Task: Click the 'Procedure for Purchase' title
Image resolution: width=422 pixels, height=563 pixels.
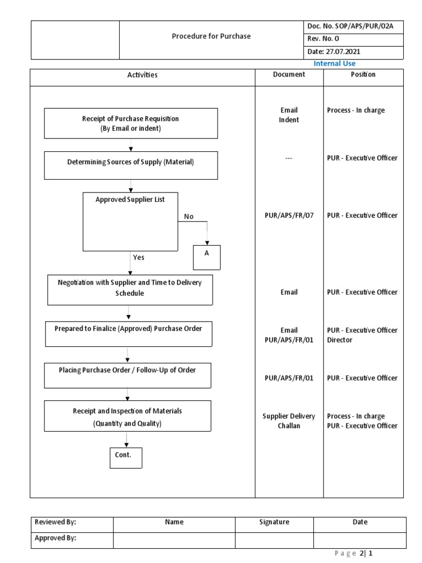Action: pos(211,36)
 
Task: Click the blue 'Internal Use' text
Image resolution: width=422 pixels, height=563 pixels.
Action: pos(334,64)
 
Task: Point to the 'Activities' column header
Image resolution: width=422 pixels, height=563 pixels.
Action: pos(142,75)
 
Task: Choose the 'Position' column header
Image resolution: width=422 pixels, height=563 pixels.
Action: pos(363,74)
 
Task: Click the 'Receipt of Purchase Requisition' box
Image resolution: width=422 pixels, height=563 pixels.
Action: pos(131,123)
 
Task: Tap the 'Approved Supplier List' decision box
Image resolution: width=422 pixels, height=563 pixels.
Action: pos(130,222)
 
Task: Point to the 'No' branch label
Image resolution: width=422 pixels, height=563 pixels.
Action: pos(188,217)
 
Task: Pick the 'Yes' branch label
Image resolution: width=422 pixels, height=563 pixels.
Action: pos(138,257)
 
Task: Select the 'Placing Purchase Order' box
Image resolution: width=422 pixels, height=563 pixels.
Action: pos(127,375)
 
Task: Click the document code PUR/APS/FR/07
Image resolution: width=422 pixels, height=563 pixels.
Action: pos(289,216)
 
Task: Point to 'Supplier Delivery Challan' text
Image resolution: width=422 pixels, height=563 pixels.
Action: pos(289,421)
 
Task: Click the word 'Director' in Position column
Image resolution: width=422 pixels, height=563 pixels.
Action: pos(340,340)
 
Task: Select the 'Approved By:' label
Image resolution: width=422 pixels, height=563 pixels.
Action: pos(55,538)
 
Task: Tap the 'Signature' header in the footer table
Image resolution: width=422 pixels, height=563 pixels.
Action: pos(274,522)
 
